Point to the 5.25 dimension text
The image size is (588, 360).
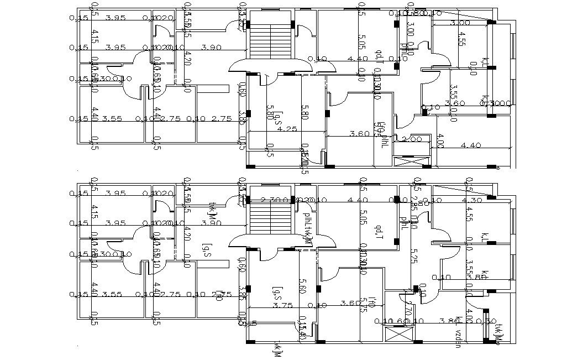[413, 255]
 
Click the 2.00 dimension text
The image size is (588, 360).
[412, 139]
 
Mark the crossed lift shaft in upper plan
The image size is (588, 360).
[411, 161]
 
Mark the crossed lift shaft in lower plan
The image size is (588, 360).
[398, 336]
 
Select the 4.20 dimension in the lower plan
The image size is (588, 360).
[187, 237]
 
